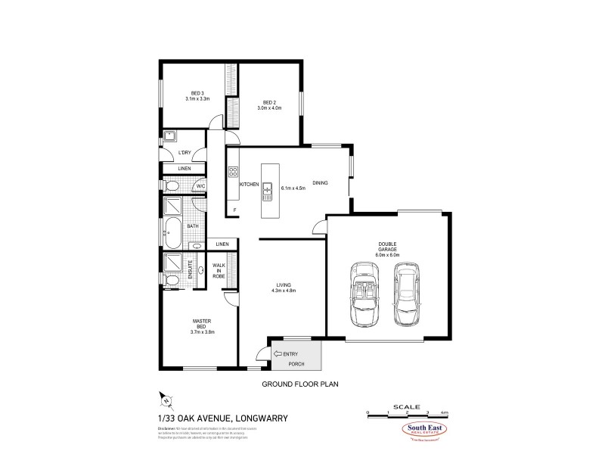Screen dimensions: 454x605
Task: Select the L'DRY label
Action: click(184, 153)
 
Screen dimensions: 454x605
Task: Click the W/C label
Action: click(201, 185)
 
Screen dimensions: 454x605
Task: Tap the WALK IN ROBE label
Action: click(219, 271)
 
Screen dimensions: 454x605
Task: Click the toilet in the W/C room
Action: click(171, 186)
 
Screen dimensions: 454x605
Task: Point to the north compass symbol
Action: click(165, 399)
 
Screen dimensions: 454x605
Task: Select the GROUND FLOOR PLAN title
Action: click(299, 384)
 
